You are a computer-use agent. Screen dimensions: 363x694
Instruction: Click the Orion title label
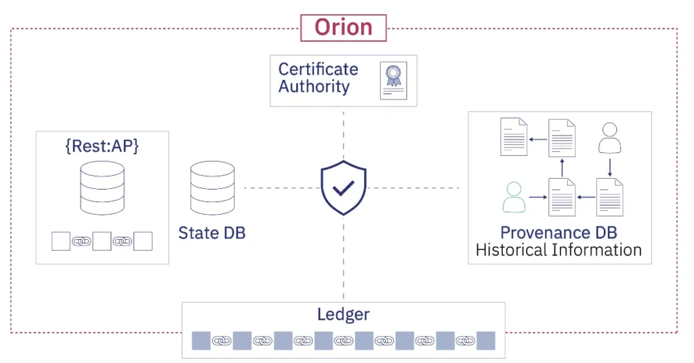(343, 28)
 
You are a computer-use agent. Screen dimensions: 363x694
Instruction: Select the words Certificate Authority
(318, 78)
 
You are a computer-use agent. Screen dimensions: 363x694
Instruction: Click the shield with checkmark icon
(344, 188)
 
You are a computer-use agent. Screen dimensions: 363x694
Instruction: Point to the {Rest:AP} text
(102, 146)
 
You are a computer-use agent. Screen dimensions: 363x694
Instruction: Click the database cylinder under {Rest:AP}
(102, 188)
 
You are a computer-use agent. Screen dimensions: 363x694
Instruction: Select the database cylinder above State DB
(212, 188)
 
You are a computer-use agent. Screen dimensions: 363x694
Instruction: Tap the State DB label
(211, 233)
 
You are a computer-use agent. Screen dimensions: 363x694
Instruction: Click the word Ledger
(344, 314)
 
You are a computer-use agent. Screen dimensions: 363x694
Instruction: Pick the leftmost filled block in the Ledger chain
(201, 341)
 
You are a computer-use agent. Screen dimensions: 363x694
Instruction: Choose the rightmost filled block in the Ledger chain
(486, 341)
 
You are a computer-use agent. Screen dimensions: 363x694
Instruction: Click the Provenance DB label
(558, 233)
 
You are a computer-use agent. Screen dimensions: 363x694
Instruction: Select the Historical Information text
(558, 250)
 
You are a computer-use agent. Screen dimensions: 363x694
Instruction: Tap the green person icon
(514, 197)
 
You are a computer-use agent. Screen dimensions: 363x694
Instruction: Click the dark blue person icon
(609, 138)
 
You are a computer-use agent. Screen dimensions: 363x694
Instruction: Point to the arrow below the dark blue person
(609, 166)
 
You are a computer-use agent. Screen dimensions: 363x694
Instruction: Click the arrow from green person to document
(537, 198)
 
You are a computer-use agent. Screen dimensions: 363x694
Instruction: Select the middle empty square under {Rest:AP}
(102, 241)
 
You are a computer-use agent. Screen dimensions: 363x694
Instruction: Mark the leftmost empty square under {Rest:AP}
(61, 241)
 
